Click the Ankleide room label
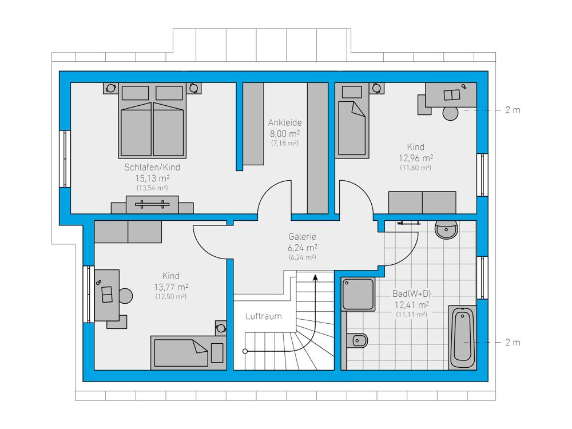click(285, 122)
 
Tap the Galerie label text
click(302, 236)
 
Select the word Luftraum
click(263, 316)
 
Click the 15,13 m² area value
click(153, 178)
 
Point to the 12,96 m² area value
click(415, 158)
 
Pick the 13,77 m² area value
click(170, 287)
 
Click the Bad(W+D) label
click(411, 293)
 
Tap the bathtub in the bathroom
click(462, 337)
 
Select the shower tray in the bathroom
click(358, 295)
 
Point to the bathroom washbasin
click(446, 229)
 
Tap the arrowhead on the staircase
click(316, 277)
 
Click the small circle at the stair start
click(245, 351)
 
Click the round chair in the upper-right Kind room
click(451, 113)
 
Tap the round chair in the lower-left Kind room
click(125, 296)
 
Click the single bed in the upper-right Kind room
click(352, 120)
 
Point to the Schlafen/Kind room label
click(152, 168)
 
